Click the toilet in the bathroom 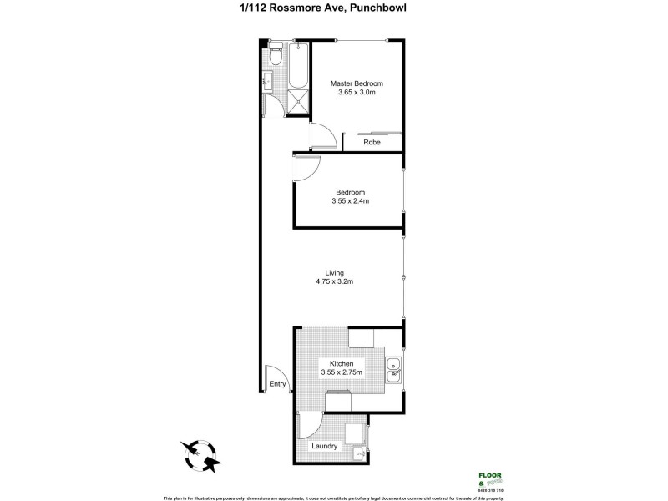(x=276, y=56)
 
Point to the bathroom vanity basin (x=266, y=80)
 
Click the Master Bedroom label (x=357, y=83)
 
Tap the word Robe (x=372, y=143)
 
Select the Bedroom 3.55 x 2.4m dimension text (x=347, y=200)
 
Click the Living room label (x=334, y=272)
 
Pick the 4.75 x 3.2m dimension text (x=334, y=281)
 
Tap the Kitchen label (x=342, y=364)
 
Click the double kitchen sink (x=394, y=372)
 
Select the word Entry (x=278, y=385)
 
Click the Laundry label (x=324, y=446)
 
